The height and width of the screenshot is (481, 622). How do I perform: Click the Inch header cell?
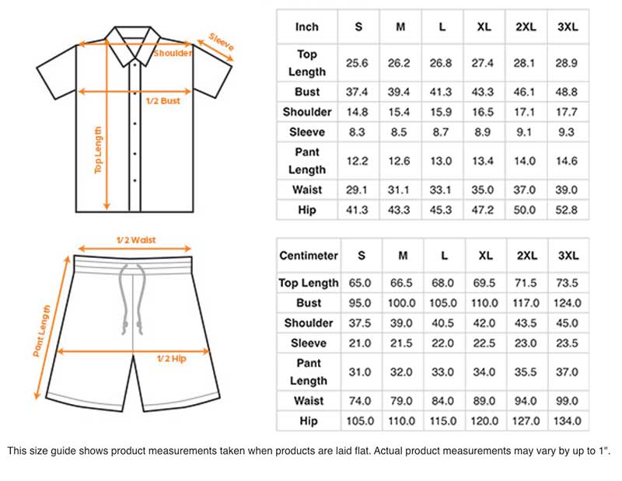tap(307, 27)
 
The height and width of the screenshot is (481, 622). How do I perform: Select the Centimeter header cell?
tap(308, 255)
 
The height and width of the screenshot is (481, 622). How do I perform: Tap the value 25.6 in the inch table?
tap(358, 63)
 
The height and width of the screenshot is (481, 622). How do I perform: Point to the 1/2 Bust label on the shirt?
tap(162, 101)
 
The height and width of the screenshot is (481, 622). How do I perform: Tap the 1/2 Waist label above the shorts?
tap(135, 240)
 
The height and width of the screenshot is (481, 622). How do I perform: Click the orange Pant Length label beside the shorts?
tap(43, 330)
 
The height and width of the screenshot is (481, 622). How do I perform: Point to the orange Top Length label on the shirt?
tap(99, 150)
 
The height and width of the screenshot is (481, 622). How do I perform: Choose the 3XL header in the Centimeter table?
tap(568, 255)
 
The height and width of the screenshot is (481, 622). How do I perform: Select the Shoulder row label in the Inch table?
tap(307, 112)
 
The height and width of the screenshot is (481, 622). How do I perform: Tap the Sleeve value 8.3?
tap(358, 132)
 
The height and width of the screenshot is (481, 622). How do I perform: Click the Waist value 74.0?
tap(360, 401)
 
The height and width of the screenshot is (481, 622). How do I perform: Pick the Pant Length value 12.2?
tap(358, 161)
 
